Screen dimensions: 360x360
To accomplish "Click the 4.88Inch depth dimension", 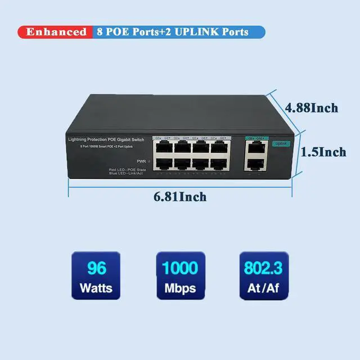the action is coord(311,107).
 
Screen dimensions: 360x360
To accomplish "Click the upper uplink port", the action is coord(256,148).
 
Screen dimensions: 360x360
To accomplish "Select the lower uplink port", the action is coord(256,164).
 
